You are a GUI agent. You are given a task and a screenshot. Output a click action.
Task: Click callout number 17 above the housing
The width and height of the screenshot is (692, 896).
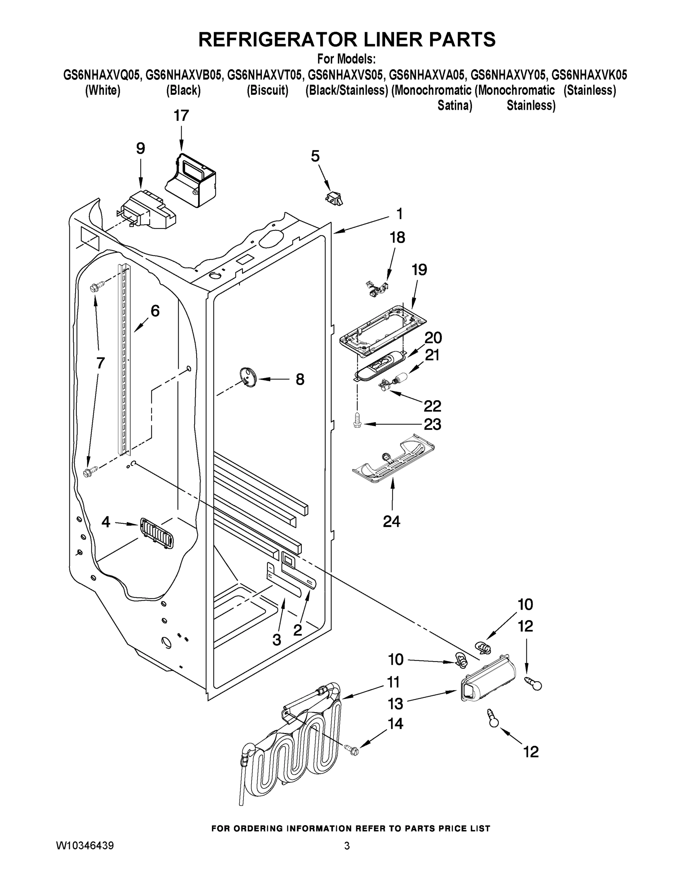[x=181, y=116]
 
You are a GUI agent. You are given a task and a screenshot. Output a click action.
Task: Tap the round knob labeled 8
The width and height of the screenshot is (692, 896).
[x=247, y=377]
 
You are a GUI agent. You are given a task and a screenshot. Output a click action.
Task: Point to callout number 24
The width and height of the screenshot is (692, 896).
[x=391, y=522]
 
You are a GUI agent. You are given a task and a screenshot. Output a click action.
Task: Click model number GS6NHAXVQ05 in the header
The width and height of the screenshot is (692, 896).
[x=103, y=75]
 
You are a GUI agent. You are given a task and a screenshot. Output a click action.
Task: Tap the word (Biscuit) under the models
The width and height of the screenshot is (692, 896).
[x=267, y=90]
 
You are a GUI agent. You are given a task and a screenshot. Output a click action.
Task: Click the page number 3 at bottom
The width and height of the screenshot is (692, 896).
[x=347, y=846]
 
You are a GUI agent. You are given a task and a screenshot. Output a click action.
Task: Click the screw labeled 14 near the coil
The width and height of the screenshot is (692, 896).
[x=352, y=750]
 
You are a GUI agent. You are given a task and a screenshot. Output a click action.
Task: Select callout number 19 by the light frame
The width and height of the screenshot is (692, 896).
[x=419, y=270]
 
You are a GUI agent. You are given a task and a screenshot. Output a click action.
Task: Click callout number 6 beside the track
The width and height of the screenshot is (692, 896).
[x=154, y=311]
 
